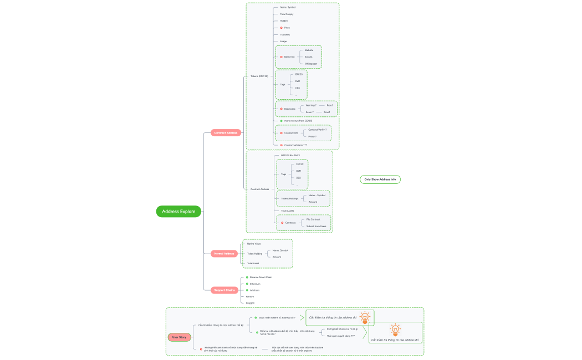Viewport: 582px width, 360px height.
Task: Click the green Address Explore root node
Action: (x=179, y=211)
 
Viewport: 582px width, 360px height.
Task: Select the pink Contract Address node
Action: (x=226, y=133)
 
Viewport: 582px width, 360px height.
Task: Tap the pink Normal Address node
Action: (x=224, y=254)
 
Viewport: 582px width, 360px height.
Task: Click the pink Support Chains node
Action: (x=224, y=290)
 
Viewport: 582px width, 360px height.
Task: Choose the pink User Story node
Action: (x=179, y=337)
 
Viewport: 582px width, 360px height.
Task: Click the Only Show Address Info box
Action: (x=380, y=179)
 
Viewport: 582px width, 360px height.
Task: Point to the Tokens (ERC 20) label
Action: (x=259, y=76)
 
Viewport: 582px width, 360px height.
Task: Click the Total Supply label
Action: (x=287, y=14)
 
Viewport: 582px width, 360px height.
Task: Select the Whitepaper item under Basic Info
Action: (x=311, y=64)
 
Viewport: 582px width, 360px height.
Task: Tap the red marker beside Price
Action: (x=282, y=28)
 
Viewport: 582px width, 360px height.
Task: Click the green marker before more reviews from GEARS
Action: (x=282, y=121)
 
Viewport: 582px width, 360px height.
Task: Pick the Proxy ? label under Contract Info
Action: (x=312, y=136)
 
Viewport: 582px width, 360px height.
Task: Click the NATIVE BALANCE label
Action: (x=290, y=156)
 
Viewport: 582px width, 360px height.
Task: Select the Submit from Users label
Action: (x=316, y=226)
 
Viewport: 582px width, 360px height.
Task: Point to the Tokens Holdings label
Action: (x=289, y=198)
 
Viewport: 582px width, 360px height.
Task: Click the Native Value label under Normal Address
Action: (x=254, y=244)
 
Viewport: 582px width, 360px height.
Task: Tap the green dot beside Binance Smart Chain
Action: (x=247, y=277)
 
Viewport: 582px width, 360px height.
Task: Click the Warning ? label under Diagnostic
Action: (x=311, y=105)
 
